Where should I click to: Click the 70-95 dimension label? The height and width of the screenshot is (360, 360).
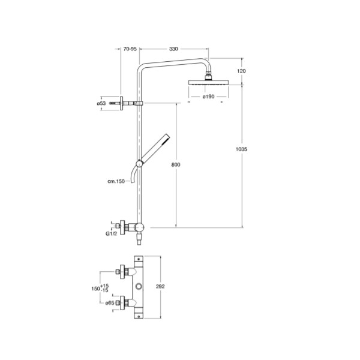[x=130, y=49]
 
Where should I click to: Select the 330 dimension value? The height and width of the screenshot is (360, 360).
[x=173, y=49]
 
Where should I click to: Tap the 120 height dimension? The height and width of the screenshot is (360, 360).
[x=241, y=71]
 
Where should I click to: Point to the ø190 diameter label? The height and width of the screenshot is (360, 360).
[x=208, y=97]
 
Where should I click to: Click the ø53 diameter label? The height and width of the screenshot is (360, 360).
[x=101, y=103]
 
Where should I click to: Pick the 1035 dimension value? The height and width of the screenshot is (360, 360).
[x=242, y=149]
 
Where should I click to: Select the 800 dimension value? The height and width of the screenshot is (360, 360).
[x=176, y=164]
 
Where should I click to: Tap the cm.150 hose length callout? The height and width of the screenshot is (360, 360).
[x=116, y=181]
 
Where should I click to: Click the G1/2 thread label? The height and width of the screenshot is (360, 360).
[x=112, y=234]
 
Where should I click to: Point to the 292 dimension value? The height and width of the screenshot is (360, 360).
[x=160, y=287]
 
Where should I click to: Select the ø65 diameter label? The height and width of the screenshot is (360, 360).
[x=110, y=303]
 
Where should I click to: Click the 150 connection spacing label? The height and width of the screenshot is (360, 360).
[x=96, y=289]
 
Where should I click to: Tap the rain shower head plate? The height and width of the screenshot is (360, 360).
[x=208, y=83]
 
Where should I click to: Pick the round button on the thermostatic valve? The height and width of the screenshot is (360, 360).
[x=139, y=287]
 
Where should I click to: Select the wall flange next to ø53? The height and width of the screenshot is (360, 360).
[x=121, y=103]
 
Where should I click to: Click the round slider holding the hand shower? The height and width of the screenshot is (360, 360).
[x=139, y=164]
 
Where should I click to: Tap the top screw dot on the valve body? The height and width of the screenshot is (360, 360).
[x=139, y=259]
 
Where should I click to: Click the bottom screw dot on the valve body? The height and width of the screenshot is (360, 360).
[x=139, y=316]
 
